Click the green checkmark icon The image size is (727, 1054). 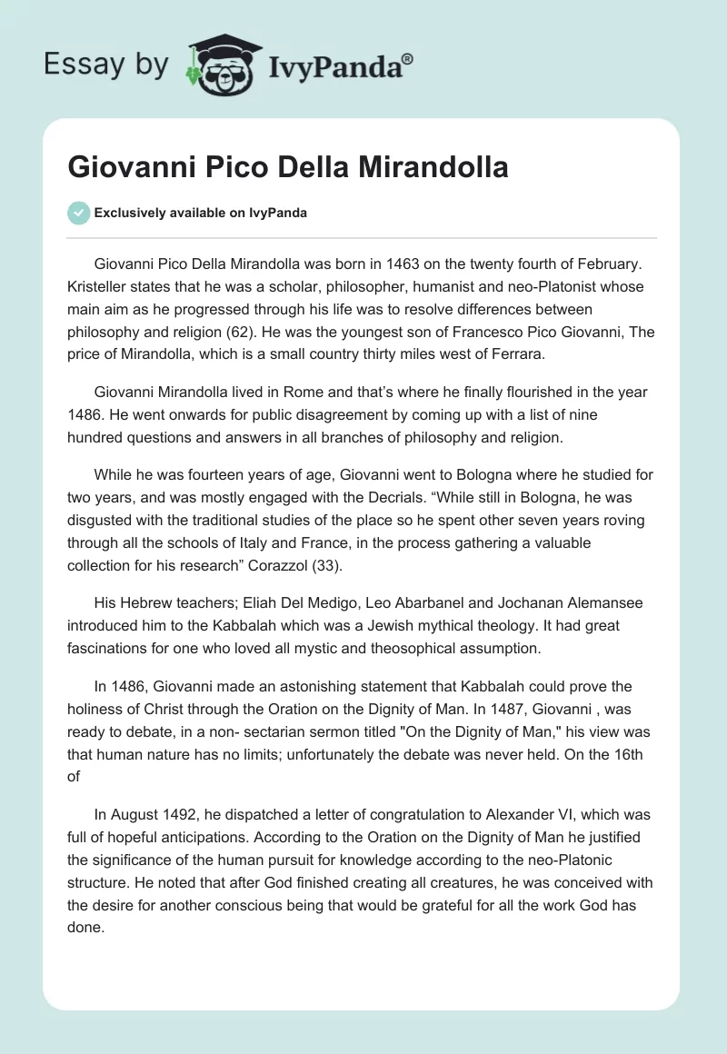tap(78, 213)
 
